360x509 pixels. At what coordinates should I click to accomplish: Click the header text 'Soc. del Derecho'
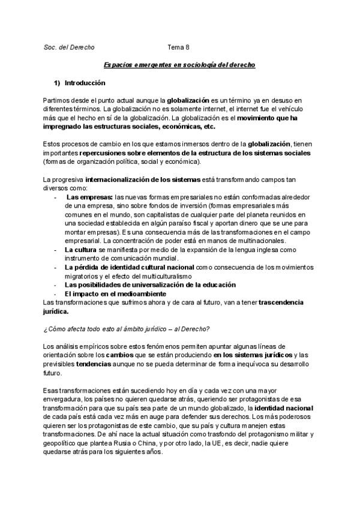(69, 47)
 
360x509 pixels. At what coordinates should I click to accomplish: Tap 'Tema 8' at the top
(178, 47)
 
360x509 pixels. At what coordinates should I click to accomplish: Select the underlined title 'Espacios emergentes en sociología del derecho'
(179, 64)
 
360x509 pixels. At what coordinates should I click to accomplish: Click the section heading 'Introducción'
(85, 83)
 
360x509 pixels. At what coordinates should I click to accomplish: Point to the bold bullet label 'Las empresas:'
(89, 196)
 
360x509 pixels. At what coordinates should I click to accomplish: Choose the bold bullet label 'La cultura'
(85, 248)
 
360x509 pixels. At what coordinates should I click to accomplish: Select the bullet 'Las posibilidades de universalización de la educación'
(150, 284)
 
